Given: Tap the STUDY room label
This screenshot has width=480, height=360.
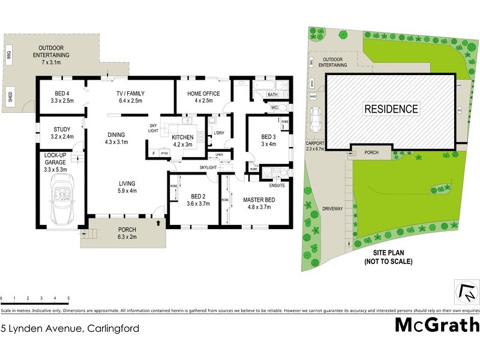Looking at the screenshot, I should tap(61, 128).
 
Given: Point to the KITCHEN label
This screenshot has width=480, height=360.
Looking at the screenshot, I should tap(183, 137).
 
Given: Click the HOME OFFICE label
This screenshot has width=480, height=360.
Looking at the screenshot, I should tap(203, 94).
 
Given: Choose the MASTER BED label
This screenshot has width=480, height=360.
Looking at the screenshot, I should tap(259, 200).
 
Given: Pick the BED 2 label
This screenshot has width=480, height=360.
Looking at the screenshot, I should tap(199, 196).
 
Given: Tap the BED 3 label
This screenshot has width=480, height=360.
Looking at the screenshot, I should tap(268, 137).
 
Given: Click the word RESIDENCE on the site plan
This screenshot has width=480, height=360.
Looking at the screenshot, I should tap(391, 109).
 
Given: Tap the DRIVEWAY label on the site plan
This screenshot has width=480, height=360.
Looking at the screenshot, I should tap(332, 208).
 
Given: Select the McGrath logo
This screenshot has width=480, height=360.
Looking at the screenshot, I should tap(436, 325).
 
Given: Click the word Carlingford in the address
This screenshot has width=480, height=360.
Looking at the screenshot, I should tap(113, 328).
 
